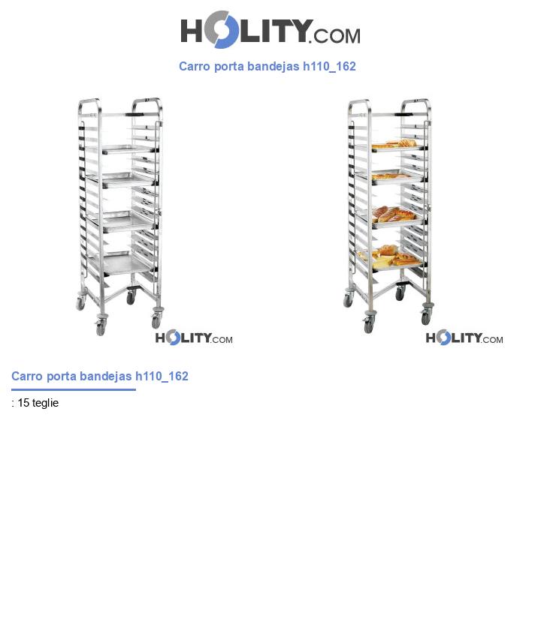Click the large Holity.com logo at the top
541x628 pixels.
pos(270,30)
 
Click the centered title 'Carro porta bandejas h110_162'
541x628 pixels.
pos(267,66)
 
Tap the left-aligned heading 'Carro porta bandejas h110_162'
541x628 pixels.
pos(100,376)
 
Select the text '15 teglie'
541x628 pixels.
pos(38,403)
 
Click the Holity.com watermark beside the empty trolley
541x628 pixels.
pos(194,338)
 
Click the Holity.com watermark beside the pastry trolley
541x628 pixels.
pos(464,338)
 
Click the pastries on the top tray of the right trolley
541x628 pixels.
pos(397,143)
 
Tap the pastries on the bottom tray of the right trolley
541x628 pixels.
pos(387,257)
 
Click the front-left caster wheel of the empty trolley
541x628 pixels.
pos(100,326)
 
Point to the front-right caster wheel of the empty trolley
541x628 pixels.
pos(156,319)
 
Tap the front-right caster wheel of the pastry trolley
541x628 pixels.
pos(426,317)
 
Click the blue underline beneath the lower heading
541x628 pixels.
pos(74,389)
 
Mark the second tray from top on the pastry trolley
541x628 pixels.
pos(395,177)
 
